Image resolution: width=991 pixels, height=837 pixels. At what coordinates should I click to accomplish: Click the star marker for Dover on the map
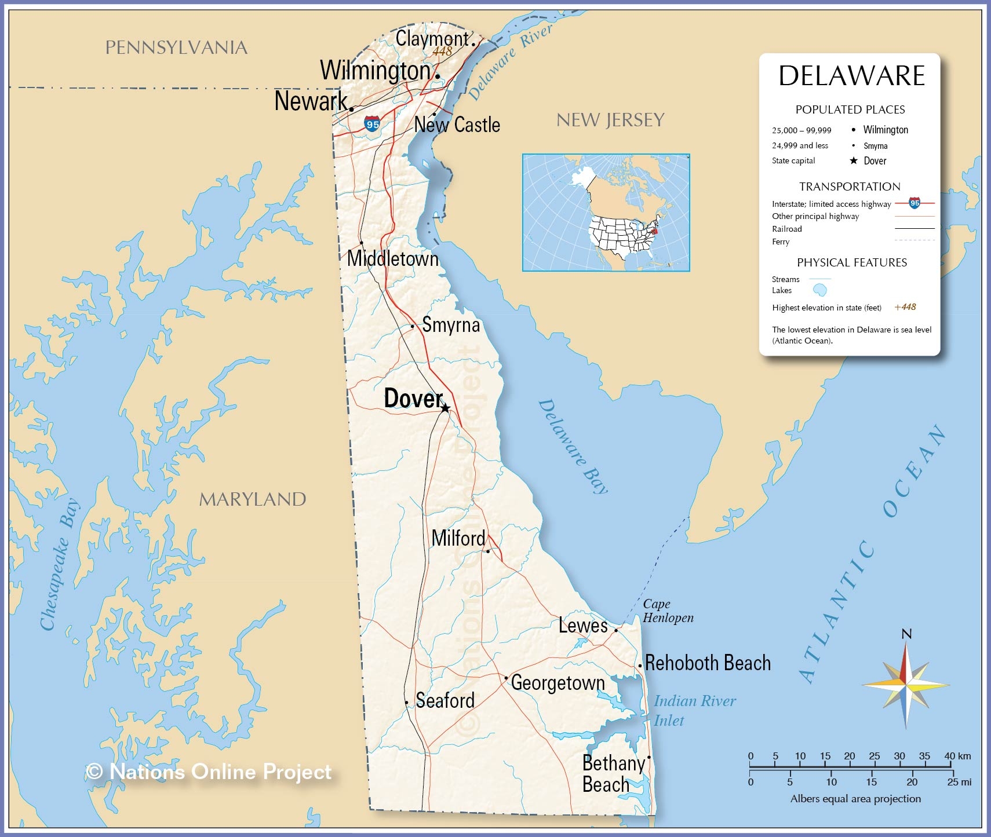(445, 408)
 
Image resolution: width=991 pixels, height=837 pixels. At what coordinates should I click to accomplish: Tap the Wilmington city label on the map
(376, 71)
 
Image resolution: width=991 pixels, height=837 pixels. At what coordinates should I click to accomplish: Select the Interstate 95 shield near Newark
(373, 124)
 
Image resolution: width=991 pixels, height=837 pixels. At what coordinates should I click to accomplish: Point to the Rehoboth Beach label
(708, 663)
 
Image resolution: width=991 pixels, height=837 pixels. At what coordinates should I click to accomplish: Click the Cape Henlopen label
(668, 611)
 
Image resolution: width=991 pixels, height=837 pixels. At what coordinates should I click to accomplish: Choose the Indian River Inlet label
(694, 711)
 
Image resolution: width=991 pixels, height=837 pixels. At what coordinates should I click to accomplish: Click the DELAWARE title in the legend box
(851, 76)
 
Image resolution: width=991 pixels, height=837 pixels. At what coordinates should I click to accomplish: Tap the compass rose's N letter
(906, 634)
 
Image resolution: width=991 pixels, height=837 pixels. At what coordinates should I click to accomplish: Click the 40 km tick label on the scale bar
(957, 756)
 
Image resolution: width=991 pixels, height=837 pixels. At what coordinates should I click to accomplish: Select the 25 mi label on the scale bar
(959, 782)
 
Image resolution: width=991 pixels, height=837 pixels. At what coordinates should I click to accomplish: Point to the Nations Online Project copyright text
(209, 772)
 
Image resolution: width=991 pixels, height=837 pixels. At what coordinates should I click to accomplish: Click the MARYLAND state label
(253, 499)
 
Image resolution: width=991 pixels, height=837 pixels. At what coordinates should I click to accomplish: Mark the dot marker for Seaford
(407, 703)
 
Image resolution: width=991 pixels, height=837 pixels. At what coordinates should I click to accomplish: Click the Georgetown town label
(558, 683)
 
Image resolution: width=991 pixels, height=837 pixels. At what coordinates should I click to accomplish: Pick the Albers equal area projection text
(855, 799)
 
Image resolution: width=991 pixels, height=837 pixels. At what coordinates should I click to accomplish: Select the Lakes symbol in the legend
(819, 290)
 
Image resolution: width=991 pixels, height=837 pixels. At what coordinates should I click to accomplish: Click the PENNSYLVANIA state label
(176, 47)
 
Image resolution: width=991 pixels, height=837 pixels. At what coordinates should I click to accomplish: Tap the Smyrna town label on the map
(451, 325)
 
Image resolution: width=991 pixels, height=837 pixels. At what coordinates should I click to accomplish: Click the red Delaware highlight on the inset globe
(655, 231)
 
